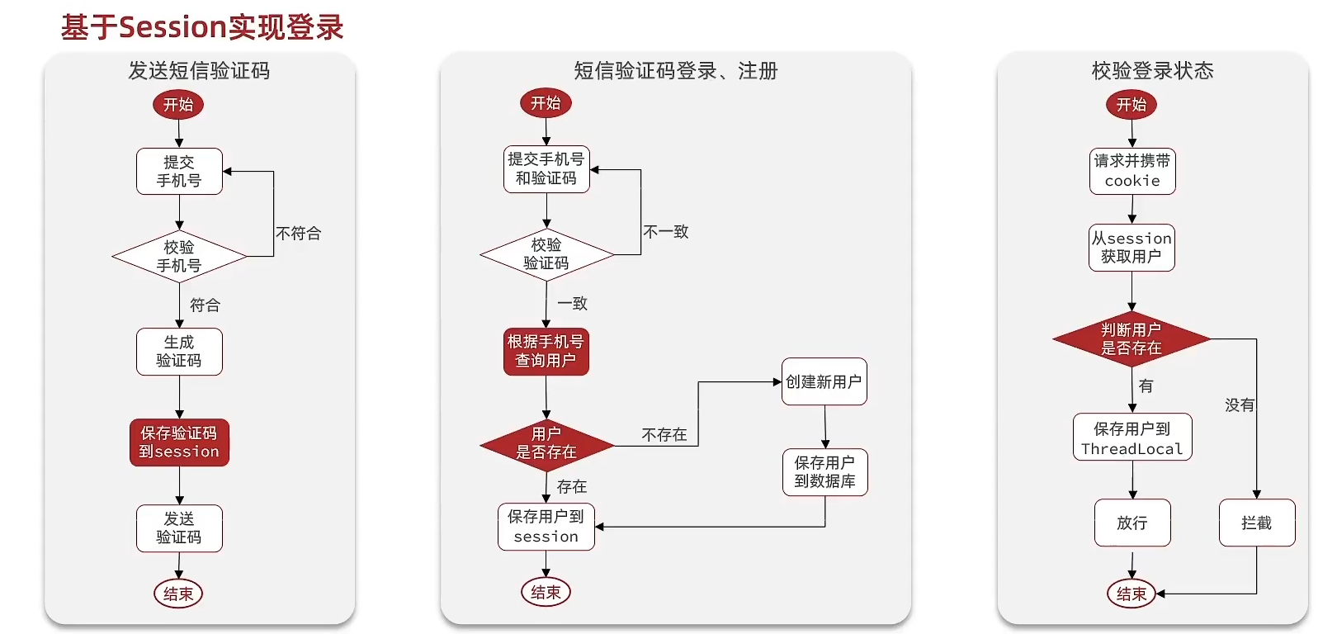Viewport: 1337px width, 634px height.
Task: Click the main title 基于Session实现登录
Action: [202, 27]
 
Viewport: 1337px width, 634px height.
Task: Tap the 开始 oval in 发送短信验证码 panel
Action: [178, 105]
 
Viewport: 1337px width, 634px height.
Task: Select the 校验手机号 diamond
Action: [179, 256]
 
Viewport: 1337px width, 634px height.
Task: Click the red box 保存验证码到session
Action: [179, 442]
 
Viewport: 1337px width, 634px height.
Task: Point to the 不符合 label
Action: [298, 234]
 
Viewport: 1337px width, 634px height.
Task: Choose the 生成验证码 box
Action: [179, 352]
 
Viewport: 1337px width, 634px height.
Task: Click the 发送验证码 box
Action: [179, 528]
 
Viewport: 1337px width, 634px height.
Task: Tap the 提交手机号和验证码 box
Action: [546, 169]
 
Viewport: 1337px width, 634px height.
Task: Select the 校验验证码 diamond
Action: [546, 254]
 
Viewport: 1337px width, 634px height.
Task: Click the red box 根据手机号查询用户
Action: [546, 352]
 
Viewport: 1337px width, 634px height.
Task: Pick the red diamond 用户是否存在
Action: [546, 443]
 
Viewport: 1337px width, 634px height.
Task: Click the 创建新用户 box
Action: [824, 381]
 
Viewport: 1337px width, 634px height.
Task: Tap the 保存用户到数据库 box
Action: [824, 472]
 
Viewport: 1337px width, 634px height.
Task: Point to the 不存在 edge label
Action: [664, 435]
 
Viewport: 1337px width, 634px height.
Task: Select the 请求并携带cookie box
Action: [1132, 172]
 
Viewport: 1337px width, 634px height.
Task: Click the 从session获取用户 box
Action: [1131, 248]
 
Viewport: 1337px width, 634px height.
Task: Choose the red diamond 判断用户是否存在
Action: [1131, 339]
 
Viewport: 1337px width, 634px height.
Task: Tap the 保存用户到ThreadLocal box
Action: [1132, 438]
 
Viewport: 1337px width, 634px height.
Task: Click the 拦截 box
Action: [1256, 523]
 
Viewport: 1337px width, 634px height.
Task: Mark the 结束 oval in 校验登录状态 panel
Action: [1131, 594]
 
